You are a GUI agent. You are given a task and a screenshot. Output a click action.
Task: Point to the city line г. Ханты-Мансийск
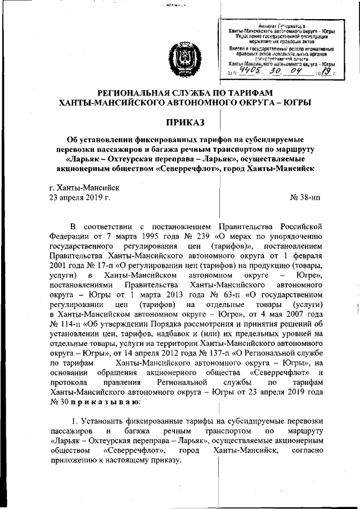click(84, 187)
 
